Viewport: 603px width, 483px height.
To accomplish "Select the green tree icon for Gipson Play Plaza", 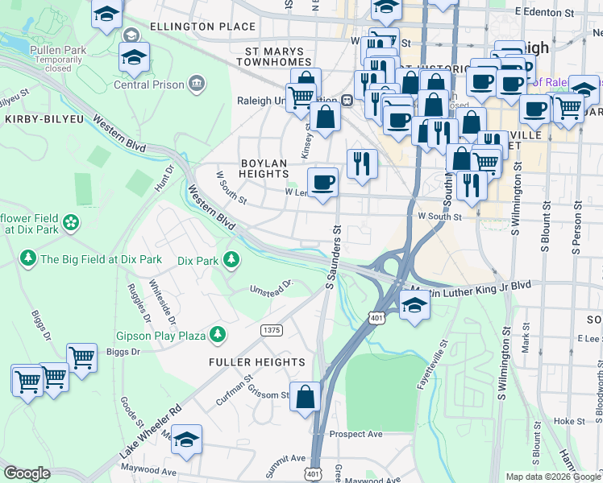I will (217, 333).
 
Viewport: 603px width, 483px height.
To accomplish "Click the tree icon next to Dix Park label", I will (231, 259).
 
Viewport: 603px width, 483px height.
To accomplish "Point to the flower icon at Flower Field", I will (71, 221).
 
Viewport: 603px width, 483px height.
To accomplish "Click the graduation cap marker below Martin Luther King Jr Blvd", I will (414, 306).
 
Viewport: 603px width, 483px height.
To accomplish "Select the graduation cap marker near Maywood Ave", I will (186, 440).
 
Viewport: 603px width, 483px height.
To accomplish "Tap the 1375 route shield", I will (271, 330).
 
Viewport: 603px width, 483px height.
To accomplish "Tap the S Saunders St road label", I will (331, 258).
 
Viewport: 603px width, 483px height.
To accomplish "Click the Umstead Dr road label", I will (270, 287).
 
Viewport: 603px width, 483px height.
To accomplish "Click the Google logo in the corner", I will (27, 473).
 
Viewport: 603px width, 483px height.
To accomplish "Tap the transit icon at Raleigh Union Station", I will (347, 101).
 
